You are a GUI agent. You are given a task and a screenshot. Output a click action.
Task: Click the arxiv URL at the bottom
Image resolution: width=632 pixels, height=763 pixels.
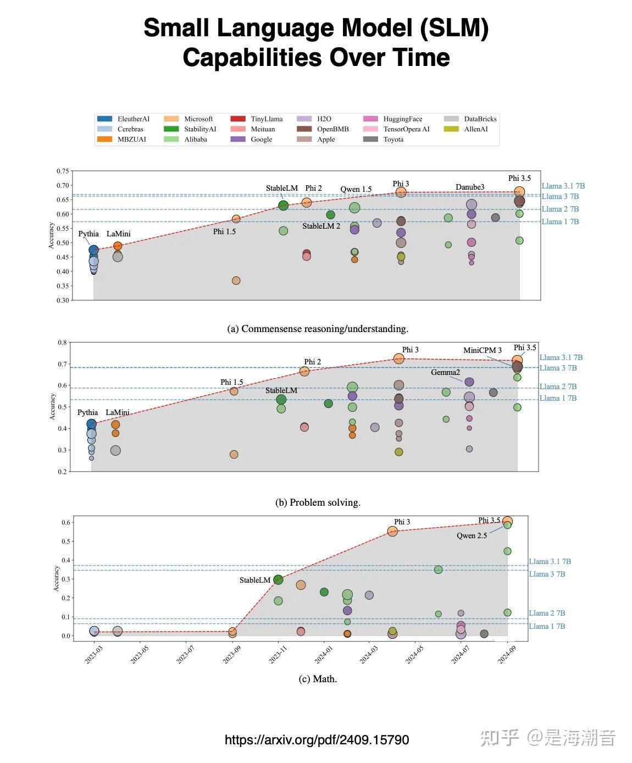[x=317, y=740]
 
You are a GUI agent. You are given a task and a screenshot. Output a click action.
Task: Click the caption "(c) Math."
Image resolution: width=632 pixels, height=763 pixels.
[x=318, y=679]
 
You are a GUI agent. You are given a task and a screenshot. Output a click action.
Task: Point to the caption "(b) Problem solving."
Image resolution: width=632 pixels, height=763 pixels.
[x=318, y=502]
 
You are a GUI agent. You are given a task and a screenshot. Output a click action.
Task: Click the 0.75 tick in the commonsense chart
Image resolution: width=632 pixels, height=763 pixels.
[x=63, y=172]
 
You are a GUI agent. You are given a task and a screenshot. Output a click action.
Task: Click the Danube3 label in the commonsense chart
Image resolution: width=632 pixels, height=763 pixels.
[x=470, y=187]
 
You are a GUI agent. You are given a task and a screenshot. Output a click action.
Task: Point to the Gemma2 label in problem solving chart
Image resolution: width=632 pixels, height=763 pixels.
[x=445, y=373]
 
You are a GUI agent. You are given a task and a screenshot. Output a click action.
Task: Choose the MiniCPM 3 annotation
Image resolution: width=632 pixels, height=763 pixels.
[x=482, y=350]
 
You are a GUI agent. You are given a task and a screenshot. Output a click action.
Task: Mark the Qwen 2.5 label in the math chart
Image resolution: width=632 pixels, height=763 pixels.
[x=472, y=535]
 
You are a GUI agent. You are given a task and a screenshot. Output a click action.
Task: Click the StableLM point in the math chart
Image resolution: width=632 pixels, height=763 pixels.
[x=278, y=579]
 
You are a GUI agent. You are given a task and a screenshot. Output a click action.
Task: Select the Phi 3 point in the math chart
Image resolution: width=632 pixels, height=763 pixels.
[x=392, y=531]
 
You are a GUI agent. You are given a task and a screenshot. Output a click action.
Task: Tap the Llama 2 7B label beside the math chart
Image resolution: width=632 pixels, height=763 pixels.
[x=547, y=613]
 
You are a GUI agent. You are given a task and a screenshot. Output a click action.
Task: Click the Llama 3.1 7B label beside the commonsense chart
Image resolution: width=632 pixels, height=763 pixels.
[x=563, y=186]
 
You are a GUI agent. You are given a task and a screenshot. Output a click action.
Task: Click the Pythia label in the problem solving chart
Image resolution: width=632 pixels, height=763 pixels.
[x=87, y=412]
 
